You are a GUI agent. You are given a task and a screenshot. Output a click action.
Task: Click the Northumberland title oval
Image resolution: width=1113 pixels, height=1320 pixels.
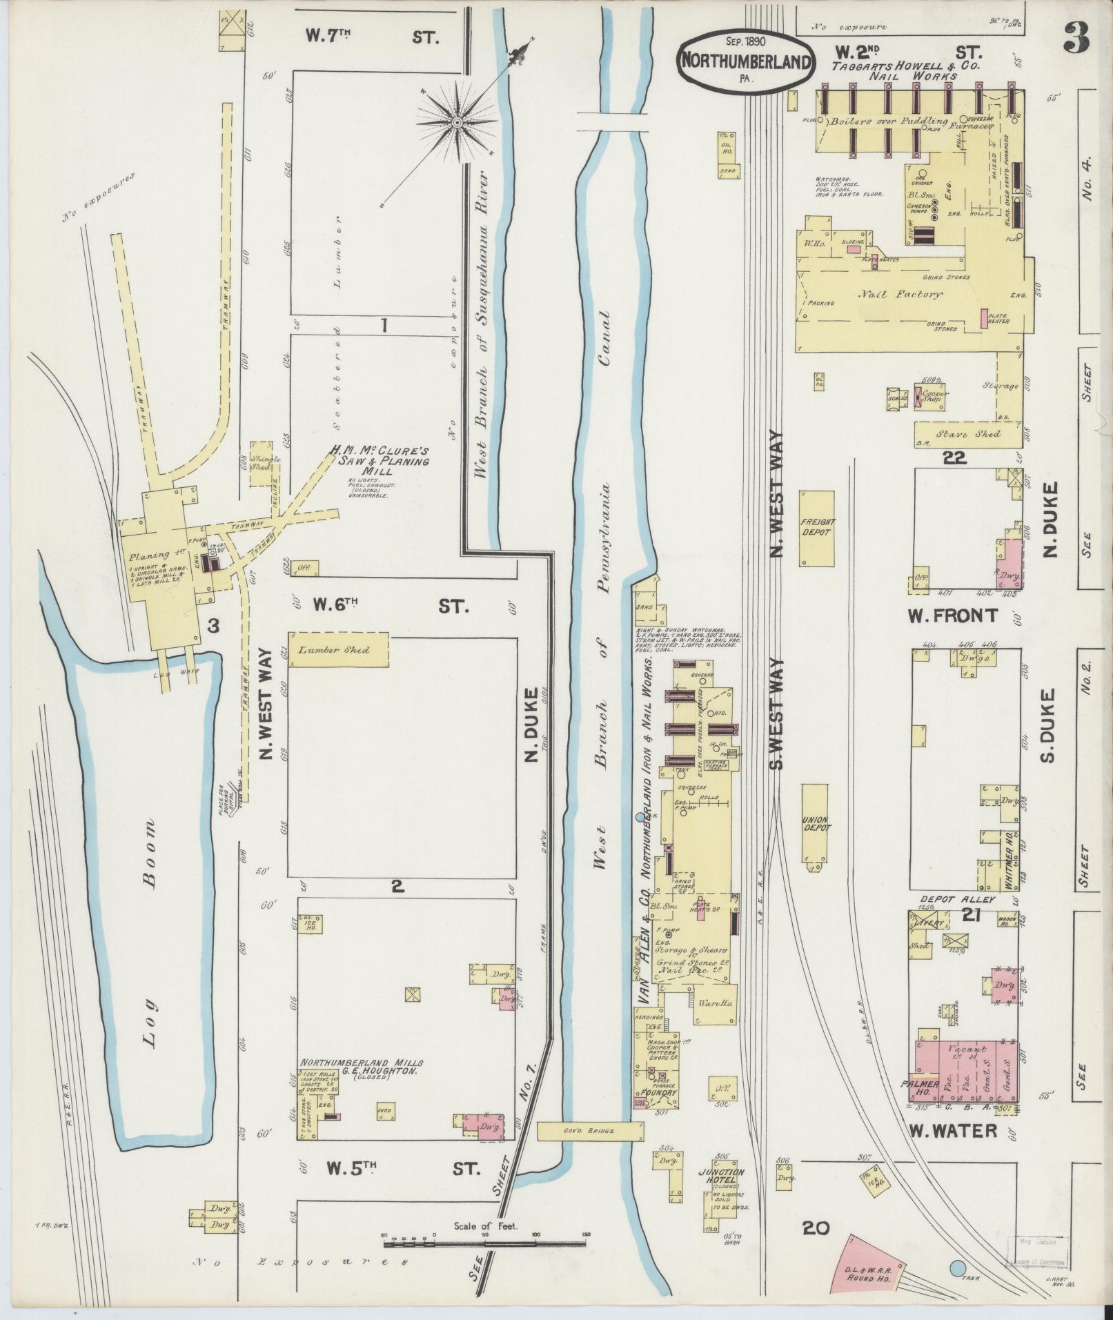pyautogui.click(x=745, y=61)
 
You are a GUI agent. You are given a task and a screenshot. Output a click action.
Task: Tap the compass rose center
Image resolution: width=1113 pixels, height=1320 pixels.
pyautogui.click(x=456, y=122)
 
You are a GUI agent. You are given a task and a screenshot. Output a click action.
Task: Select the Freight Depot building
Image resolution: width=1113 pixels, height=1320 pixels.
pyautogui.click(x=816, y=528)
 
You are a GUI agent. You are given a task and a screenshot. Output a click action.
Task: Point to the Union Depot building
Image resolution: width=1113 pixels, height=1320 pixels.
pyautogui.click(x=816, y=831)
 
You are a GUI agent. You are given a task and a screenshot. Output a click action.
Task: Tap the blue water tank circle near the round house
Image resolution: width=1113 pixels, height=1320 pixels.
pyautogui.click(x=957, y=1268)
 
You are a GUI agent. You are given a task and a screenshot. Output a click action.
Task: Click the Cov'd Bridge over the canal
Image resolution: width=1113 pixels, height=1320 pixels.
pyautogui.click(x=591, y=1130)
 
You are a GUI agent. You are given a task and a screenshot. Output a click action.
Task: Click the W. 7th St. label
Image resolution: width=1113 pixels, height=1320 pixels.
pyautogui.click(x=373, y=37)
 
